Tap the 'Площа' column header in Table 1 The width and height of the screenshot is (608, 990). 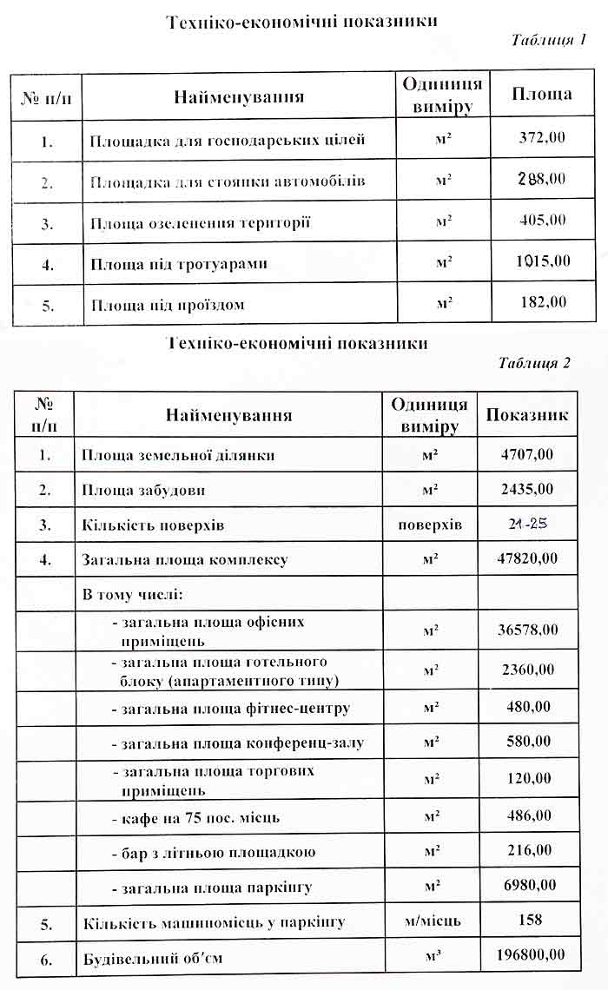pyautogui.click(x=541, y=95)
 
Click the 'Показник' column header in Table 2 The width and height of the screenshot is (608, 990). pyautogui.click(x=526, y=415)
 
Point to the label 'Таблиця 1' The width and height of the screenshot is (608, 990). pyautogui.click(x=549, y=40)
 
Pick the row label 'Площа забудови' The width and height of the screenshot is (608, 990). pyautogui.click(x=144, y=490)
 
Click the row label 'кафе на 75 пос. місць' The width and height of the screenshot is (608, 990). pyautogui.click(x=195, y=817)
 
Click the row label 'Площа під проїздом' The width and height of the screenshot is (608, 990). pyautogui.click(x=168, y=305)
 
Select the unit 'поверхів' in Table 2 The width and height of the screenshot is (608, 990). pyautogui.click(x=430, y=525)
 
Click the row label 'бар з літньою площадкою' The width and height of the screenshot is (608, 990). pyautogui.click(x=213, y=852)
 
